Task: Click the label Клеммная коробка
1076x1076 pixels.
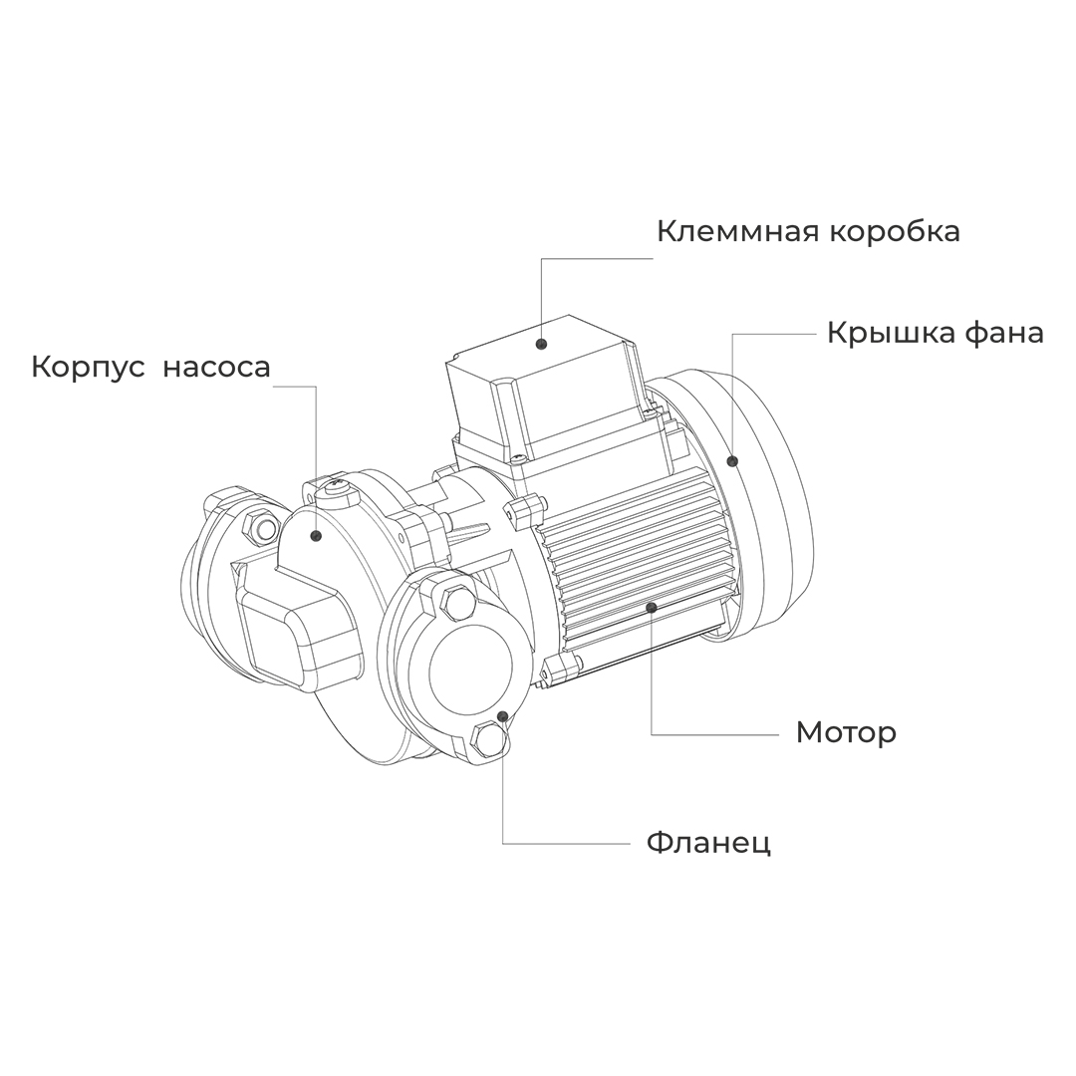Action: point(808,231)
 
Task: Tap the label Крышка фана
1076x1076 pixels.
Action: point(935,332)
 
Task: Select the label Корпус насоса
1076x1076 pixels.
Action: point(150,367)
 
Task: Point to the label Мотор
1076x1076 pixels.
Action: point(845,732)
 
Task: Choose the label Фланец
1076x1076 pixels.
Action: point(708,843)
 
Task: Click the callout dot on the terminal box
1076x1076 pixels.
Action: point(541,344)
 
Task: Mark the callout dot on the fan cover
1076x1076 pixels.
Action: point(732,460)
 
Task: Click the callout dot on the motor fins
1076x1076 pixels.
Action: point(652,605)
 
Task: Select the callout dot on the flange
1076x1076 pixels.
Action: point(504,715)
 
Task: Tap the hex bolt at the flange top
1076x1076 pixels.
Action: point(457,602)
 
